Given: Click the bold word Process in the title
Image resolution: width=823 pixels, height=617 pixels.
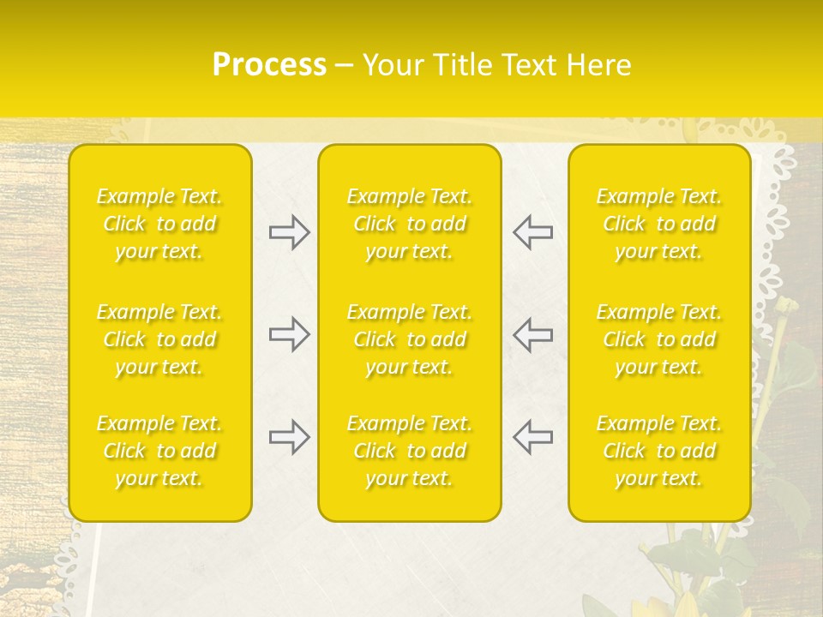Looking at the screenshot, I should click(269, 65).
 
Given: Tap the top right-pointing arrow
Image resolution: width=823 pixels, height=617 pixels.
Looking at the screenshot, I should click(289, 232).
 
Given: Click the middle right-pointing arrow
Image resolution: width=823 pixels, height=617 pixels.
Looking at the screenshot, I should click(289, 334).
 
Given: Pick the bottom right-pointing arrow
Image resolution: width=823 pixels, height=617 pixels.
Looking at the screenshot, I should click(289, 437).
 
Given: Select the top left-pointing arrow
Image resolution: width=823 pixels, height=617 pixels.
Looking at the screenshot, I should click(532, 232).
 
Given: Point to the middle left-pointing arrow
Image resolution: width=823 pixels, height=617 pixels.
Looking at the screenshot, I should click(532, 334).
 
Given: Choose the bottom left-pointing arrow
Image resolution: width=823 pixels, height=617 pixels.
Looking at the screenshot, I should click(532, 437).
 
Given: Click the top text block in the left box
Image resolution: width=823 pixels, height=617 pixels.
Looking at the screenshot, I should click(159, 224).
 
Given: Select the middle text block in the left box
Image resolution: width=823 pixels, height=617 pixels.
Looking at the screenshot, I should click(159, 339).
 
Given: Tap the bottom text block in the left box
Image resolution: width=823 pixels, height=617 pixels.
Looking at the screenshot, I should click(159, 451).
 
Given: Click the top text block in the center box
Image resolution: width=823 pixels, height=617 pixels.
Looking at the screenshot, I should click(409, 224).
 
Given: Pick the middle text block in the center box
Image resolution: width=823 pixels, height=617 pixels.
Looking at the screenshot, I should click(409, 339).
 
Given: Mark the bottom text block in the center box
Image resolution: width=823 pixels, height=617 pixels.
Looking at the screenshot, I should click(409, 451).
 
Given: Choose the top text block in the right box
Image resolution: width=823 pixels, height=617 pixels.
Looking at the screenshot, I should click(658, 224).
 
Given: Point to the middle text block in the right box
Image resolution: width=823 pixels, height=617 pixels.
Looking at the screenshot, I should click(658, 339).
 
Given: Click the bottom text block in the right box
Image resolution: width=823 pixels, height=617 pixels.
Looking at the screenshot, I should click(658, 451).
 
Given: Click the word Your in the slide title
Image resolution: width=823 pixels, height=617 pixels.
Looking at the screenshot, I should click(393, 65).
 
